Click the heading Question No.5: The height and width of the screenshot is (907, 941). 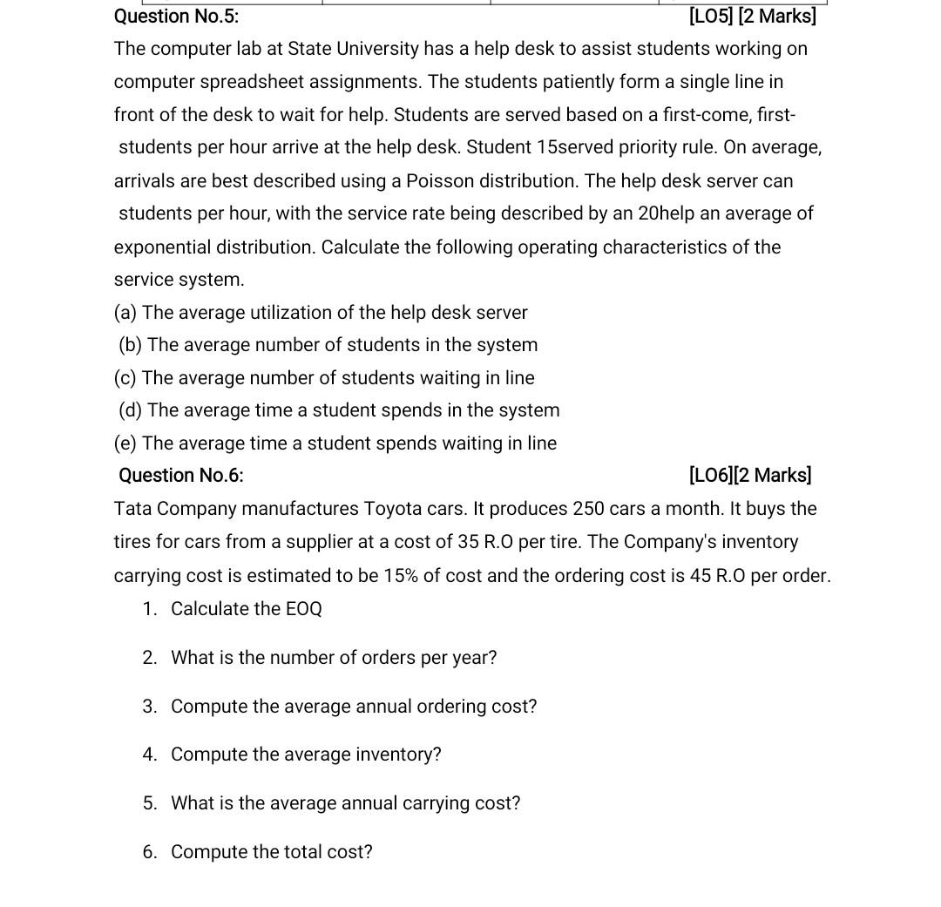point(176,16)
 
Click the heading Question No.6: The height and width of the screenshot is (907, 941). point(181,475)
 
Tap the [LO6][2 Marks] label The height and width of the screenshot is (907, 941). point(750,475)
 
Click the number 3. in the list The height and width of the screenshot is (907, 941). point(150,707)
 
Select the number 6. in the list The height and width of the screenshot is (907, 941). point(150,852)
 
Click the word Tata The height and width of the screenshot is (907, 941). point(132,508)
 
